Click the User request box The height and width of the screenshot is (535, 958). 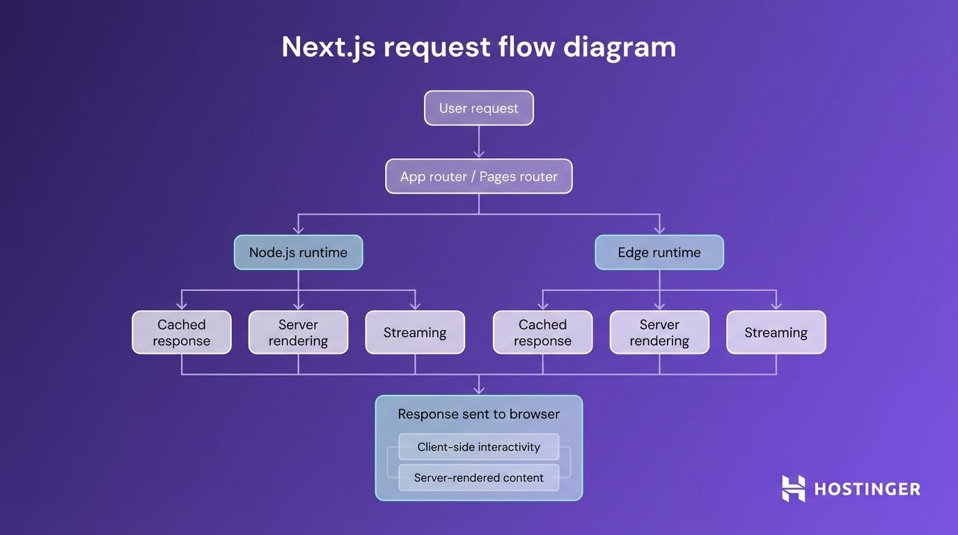pos(478,108)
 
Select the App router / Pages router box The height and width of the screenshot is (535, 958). pos(478,176)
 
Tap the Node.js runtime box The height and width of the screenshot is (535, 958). pos(298,252)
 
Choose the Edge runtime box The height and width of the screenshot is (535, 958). pos(659,252)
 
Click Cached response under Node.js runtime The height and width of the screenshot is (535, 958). pos(181,332)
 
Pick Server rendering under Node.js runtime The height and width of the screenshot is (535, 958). pos(298,332)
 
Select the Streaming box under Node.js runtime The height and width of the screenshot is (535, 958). pos(414,332)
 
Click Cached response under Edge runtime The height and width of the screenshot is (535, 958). pos(542,332)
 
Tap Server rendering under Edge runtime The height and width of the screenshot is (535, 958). pos(659,332)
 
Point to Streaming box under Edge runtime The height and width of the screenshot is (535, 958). pos(776,332)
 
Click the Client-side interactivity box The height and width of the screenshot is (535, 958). pos(478,447)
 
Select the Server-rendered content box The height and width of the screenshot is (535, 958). pos(478,478)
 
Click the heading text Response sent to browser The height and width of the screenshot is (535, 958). pos(478,414)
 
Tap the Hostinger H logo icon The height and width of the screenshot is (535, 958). pos(793,488)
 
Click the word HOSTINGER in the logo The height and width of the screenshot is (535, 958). pos(867,489)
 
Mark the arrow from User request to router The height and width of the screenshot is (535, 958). pos(478,142)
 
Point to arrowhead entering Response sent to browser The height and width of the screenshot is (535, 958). pos(478,389)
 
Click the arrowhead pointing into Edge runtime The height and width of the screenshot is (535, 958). pos(659,228)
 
